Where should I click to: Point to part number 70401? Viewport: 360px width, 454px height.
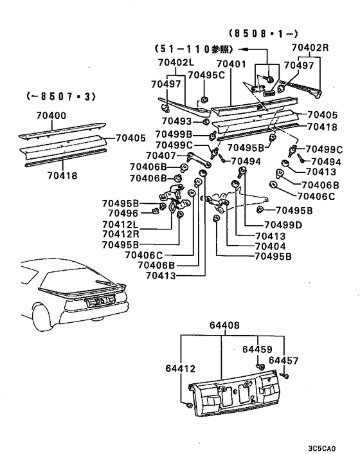231,64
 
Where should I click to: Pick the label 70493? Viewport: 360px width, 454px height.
176,120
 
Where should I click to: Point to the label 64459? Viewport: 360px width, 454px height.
257,349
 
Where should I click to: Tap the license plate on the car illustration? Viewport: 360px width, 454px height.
104,299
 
